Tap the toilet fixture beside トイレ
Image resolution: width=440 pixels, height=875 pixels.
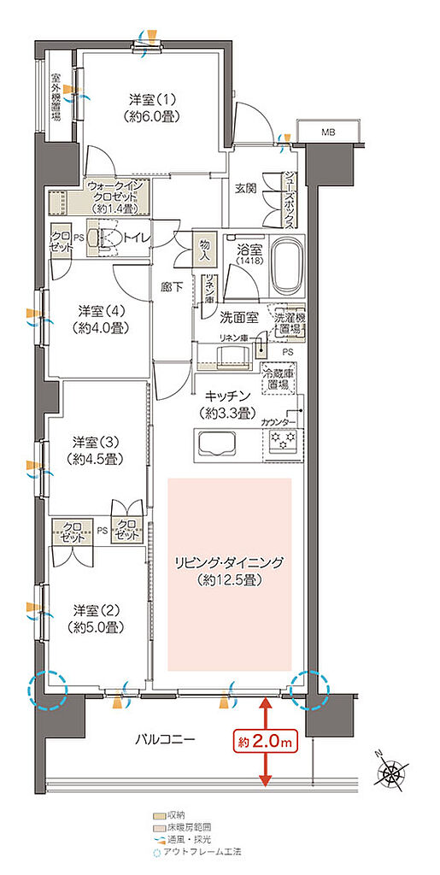106,238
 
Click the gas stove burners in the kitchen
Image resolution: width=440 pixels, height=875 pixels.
283,443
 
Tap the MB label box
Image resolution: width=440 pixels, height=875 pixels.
328,132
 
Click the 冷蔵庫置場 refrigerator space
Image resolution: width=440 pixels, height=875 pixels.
281,377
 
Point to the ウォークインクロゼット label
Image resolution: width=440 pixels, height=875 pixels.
118,196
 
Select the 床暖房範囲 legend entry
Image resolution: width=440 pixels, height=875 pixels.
185,828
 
